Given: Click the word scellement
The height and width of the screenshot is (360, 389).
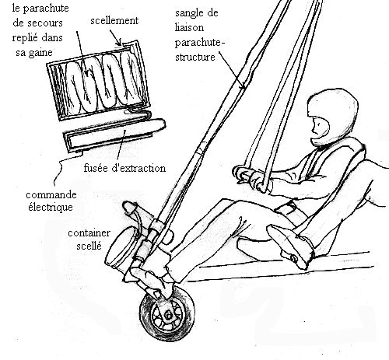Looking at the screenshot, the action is point(114,21).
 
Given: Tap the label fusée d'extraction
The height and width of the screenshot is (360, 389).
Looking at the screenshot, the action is point(124,168).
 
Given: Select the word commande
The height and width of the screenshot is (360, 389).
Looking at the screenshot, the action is point(51,195).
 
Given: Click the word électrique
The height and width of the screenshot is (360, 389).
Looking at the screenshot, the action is point(51,207).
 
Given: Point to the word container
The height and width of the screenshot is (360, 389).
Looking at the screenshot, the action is point(89,233).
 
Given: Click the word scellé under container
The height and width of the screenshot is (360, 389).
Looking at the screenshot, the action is point(89,246).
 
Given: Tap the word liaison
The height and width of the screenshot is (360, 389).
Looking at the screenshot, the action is point(189,27).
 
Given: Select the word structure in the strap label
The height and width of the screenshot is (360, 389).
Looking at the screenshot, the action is point(195,57).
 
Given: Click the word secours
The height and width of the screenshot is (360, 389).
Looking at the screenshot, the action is point(38,23).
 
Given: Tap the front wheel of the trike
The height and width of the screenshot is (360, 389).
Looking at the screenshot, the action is point(167,314).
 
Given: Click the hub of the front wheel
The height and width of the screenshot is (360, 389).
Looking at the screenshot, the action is point(168,316).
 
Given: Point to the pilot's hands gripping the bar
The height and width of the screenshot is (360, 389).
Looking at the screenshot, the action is point(252,178).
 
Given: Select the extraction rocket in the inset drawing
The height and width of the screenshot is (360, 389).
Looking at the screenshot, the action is point(114,135).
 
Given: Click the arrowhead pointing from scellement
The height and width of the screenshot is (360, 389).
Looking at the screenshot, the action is point(119,42).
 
